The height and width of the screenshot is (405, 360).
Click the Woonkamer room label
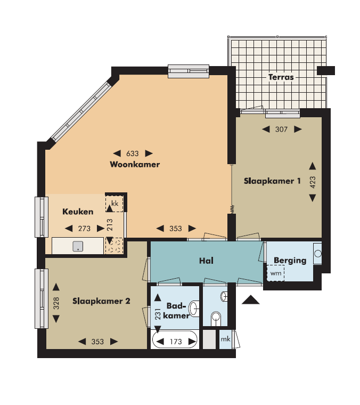point(135,165)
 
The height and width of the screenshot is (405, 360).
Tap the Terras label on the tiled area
point(281,77)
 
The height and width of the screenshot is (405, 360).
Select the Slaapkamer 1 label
point(272,181)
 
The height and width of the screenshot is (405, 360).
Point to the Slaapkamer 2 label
point(101,301)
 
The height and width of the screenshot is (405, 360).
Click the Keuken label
point(78,212)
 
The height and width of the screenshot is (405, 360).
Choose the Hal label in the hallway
point(206,261)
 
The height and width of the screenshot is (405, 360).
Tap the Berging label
point(290,261)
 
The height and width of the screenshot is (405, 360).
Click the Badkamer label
point(178,311)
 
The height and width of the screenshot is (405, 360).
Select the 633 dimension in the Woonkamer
point(133,153)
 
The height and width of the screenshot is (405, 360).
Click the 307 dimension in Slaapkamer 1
point(282,129)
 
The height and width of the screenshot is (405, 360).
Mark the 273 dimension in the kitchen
point(84,229)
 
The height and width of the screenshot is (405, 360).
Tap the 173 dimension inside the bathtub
point(176,342)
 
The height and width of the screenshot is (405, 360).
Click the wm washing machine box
point(275,273)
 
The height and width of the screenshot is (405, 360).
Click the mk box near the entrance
point(225,339)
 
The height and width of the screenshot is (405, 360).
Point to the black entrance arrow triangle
point(250,301)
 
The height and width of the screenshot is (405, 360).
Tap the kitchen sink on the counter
point(78,246)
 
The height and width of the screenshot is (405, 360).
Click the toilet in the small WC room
point(216,318)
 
